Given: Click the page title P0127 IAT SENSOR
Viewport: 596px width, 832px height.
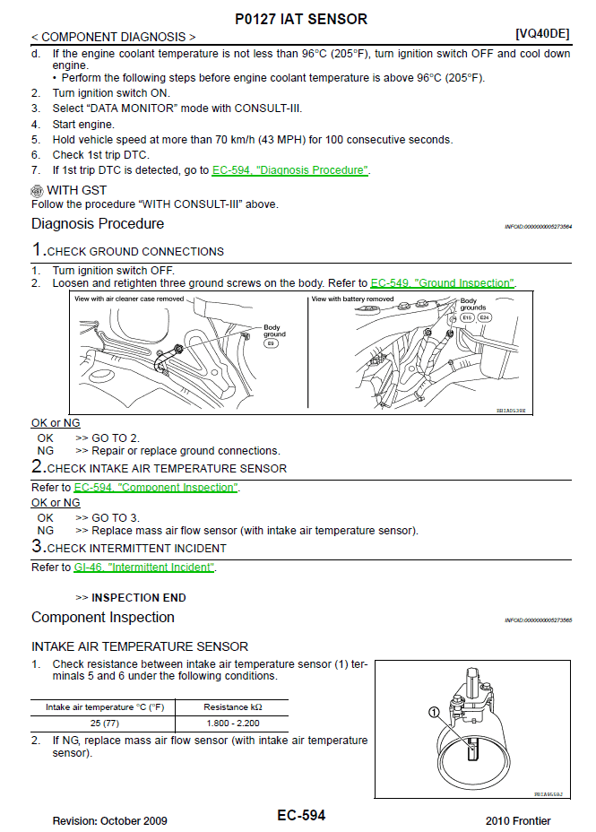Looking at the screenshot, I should pos(300,19).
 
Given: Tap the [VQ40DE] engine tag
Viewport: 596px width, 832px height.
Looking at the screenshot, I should pos(543,33).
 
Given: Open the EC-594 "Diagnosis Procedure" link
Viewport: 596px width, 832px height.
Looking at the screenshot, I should pos(290,170).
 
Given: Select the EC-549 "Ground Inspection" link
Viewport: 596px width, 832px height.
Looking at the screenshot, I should pos(443,283).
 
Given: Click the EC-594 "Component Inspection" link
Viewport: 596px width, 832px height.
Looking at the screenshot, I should pos(156,488).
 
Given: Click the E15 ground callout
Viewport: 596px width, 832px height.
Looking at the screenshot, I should pos(467,317).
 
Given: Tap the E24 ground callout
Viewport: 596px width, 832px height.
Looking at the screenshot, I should pos(484,317).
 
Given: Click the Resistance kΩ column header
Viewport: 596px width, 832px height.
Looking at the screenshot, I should pos(233,707).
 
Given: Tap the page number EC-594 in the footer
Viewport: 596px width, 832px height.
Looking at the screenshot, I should pos(301,816).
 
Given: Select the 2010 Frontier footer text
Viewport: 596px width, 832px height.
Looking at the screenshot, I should pos(518,821).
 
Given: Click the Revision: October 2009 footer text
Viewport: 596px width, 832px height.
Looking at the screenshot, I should pos(109,821).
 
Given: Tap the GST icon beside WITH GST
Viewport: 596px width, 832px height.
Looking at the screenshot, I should pos(37,191).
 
